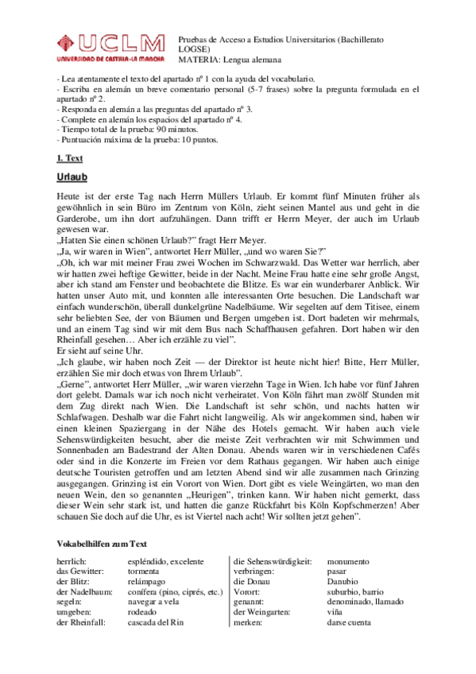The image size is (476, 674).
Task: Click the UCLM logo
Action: point(110,48)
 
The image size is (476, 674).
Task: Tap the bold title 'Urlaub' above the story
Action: point(72,177)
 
